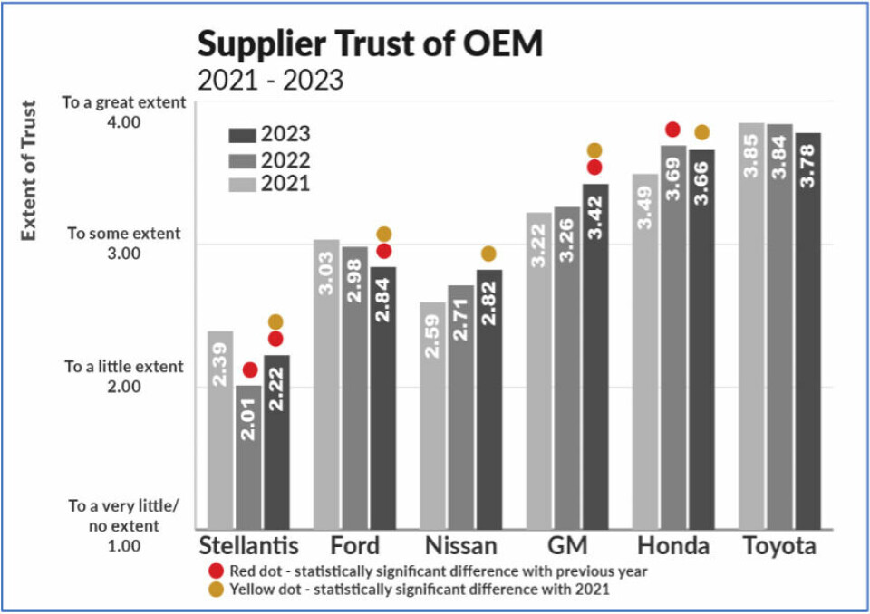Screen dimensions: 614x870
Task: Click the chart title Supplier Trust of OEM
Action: [370, 43]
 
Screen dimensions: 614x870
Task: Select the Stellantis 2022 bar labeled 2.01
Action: [249, 456]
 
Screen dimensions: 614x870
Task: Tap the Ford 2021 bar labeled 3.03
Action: [326, 384]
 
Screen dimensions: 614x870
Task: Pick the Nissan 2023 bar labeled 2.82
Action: [489, 398]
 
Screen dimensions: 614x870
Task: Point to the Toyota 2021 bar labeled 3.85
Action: [751, 325]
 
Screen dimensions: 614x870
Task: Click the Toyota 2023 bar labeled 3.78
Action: [807, 331]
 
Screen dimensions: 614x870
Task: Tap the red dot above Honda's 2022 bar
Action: [672, 130]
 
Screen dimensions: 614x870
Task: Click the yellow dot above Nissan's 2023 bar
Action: [489, 254]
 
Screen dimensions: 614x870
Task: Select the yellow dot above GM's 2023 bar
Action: [594, 150]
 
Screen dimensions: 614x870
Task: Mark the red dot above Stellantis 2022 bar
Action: [249, 369]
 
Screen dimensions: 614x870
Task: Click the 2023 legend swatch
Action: [240, 135]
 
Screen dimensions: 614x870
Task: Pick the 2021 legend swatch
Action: [240, 184]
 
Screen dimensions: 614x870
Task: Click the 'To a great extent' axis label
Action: [124, 102]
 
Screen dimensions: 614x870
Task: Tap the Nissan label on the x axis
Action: [461, 547]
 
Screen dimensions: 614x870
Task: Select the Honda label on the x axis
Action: [673, 547]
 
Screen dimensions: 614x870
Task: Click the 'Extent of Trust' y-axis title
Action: [30, 170]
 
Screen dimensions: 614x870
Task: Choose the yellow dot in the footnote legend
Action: [216, 590]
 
